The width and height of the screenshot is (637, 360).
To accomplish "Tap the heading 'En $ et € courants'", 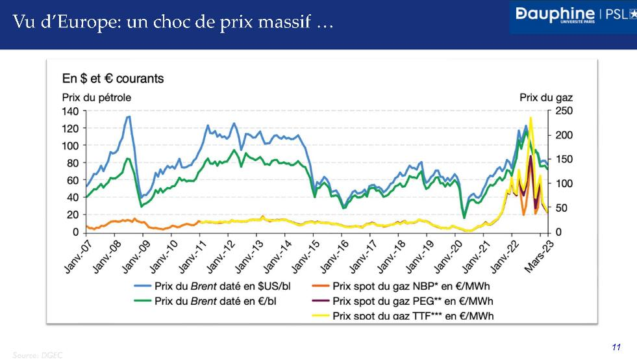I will tap(113, 79).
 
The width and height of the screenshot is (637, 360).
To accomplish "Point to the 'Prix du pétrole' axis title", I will tap(96, 97).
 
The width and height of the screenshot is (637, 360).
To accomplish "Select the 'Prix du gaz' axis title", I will tap(546, 97).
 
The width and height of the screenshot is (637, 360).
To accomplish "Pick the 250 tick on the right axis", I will tap(563, 111).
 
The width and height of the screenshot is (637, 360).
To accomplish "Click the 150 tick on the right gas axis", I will tap(563, 160).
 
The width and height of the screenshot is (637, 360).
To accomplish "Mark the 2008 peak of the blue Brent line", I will tap(129, 117).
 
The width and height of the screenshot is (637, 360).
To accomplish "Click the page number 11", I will tap(616, 347).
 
